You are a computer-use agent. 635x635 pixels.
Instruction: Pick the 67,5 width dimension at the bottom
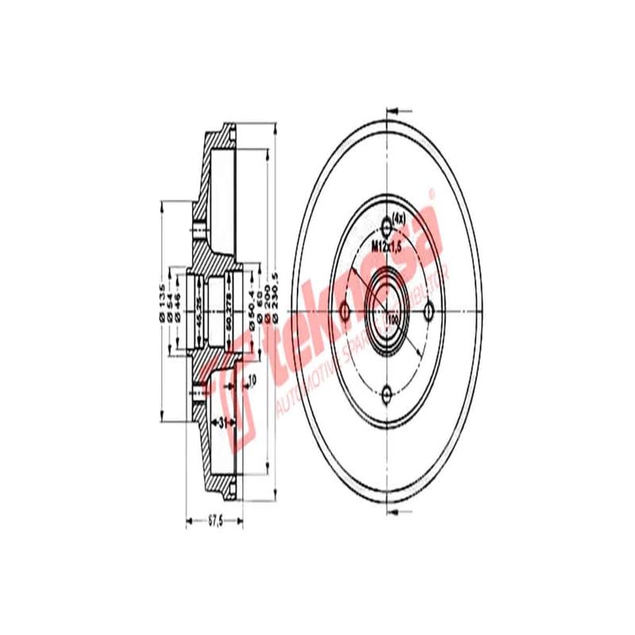pos(213,521)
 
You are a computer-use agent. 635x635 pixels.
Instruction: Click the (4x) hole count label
pos(398,218)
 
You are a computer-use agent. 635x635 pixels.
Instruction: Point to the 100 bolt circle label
pos(392,317)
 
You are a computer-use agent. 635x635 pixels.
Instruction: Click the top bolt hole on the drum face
pos(387,223)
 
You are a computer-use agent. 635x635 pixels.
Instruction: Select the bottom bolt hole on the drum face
pos(387,393)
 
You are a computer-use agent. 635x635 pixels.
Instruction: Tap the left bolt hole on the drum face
pos(344,309)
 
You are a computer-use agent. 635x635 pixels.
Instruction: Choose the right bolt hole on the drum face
pos(429,309)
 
